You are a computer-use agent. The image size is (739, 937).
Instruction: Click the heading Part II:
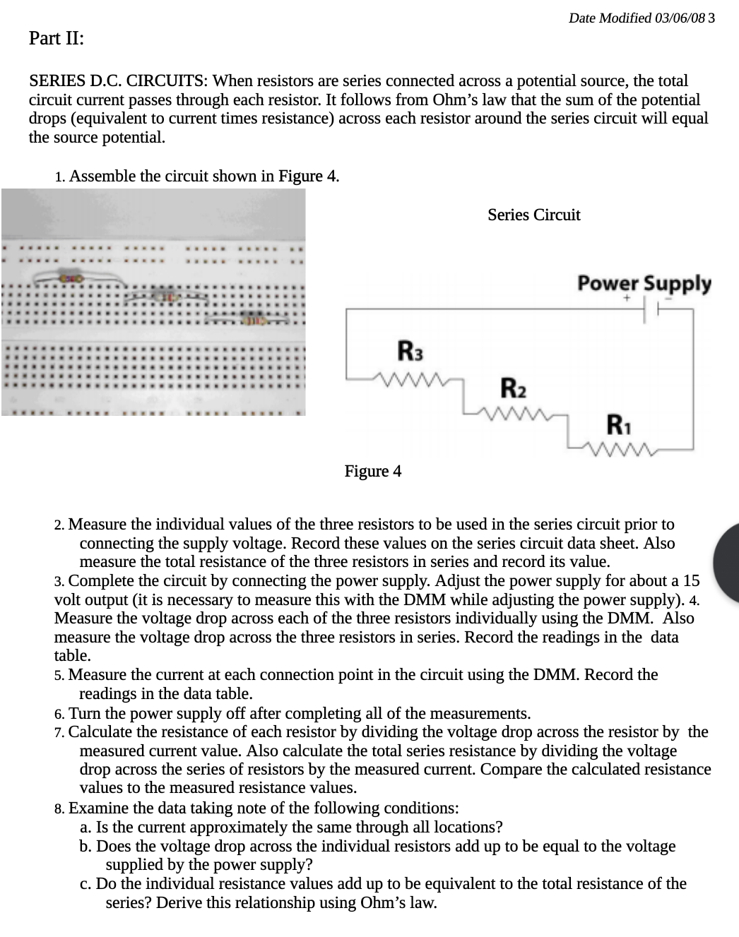point(56,38)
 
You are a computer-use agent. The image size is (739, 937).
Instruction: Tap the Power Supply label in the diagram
point(644,283)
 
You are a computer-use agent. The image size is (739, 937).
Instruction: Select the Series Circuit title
point(533,215)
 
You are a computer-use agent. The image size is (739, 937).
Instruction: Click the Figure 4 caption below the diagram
point(372,471)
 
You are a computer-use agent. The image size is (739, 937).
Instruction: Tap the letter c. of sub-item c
point(85,884)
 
